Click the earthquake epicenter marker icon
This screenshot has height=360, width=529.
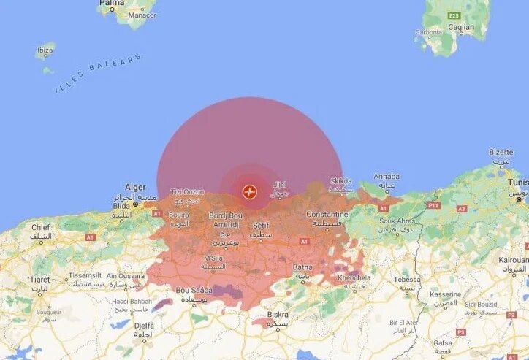click(250, 192)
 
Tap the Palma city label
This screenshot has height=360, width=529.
click(112, 4)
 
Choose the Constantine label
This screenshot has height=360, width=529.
click(327, 215)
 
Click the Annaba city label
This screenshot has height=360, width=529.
click(386, 177)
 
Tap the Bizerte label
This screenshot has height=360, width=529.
click(501, 153)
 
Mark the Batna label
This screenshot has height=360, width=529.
click(302, 268)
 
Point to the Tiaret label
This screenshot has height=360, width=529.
click(39, 280)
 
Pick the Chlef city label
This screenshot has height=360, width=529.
click(41, 227)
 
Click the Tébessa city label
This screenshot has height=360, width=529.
click(407, 278)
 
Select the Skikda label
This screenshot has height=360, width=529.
click(341, 181)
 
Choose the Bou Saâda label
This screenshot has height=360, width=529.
click(193, 290)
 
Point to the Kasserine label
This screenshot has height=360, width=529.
click(444, 294)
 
